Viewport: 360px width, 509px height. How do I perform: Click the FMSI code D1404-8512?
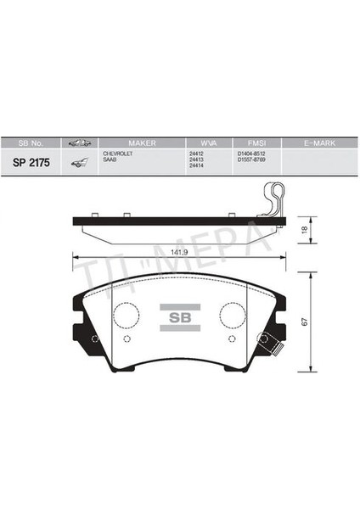click(x=254, y=154)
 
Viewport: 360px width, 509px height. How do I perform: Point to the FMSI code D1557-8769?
click(x=254, y=159)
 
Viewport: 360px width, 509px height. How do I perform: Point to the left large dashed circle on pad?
click(x=127, y=314)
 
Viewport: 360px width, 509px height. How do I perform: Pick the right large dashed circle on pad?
click(x=232, y=314)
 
